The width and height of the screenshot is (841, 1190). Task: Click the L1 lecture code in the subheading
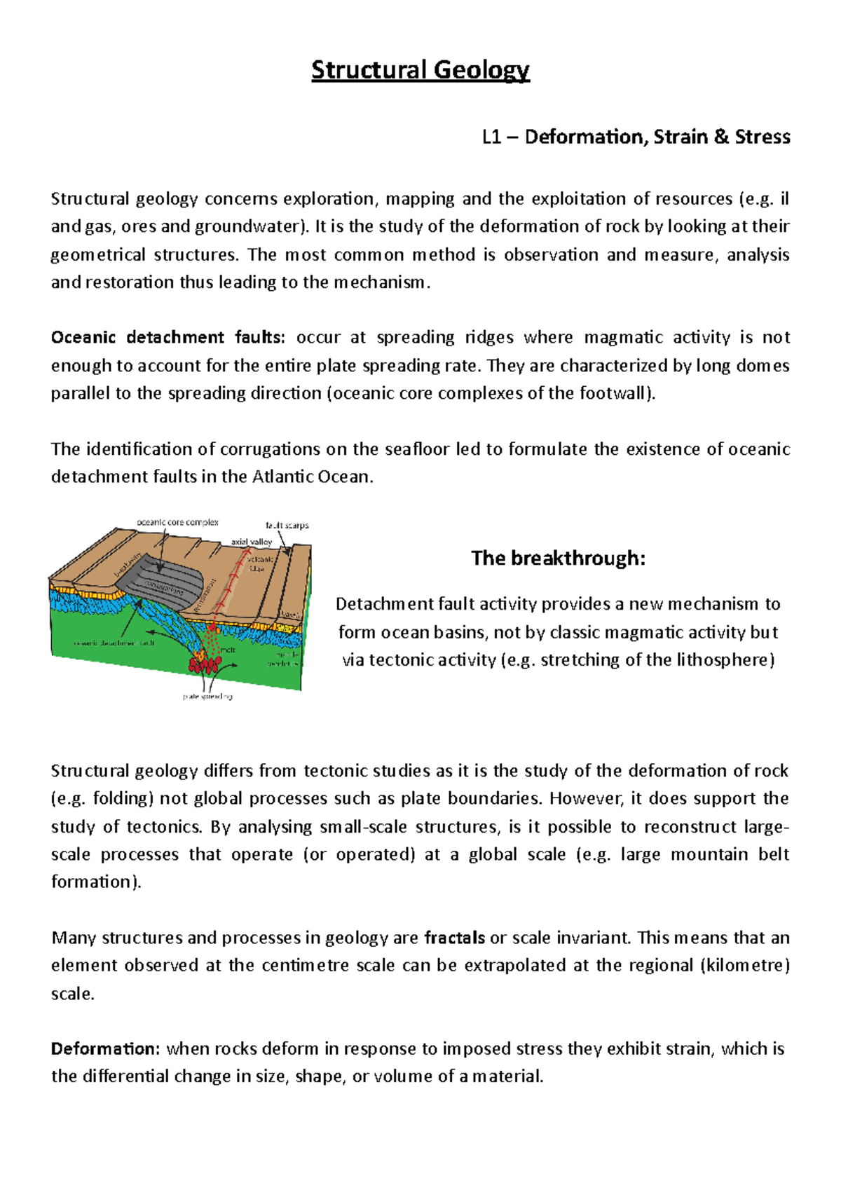(491, 137)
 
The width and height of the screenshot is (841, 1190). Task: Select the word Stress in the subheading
(763, 137)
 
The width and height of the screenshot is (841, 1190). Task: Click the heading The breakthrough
(558, 558)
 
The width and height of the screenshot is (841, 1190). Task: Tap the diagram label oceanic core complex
(177, 522)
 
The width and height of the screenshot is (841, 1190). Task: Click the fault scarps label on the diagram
(287, 525)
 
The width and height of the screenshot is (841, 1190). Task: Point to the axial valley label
(252, 542)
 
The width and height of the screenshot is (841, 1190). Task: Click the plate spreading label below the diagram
(207, 697)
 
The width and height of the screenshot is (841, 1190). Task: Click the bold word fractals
(455, 938)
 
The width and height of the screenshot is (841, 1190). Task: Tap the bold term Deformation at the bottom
(106, 1049)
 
